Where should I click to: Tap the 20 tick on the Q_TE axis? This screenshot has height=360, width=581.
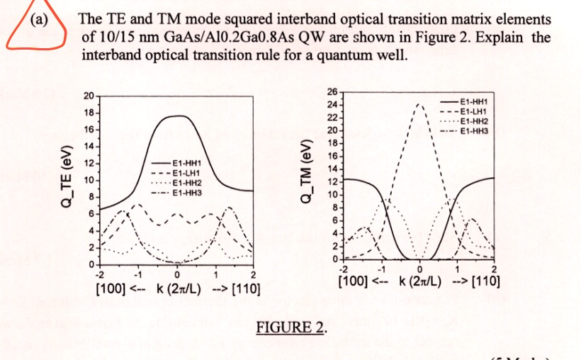pyautogui.click(x=87, y=96)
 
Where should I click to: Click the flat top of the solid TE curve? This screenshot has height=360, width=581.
pyautogui.click(x=176, y=116)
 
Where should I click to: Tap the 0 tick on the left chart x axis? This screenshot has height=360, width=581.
pyautogui.click(x=176, y=275)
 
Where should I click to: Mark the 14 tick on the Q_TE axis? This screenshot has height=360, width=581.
pyautogui.click(x=87, y=147)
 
